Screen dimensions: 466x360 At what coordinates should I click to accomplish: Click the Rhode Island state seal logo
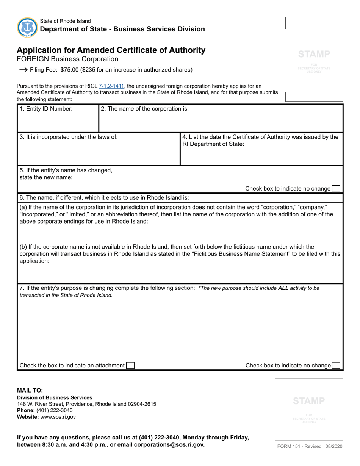pyautogui.click(x=27, y=27)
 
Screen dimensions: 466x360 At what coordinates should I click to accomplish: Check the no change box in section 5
pyautogui.click(x=336, y=189)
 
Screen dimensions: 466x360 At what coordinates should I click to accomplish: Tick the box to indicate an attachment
pyautogui.click(x=130, y=366)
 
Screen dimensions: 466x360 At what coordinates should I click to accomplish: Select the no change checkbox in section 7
pyautogui.click(x=336, y=366)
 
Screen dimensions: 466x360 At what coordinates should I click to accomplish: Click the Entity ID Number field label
pyautogui.click(x=46, y=109)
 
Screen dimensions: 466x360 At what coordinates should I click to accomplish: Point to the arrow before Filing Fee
pyautogui.click(x=23, y=70)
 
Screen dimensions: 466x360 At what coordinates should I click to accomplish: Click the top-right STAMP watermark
pyautogui.click(x=314, y=54)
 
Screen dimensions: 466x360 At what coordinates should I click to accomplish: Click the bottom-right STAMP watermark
pyautogui.click(x=309, y=401)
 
